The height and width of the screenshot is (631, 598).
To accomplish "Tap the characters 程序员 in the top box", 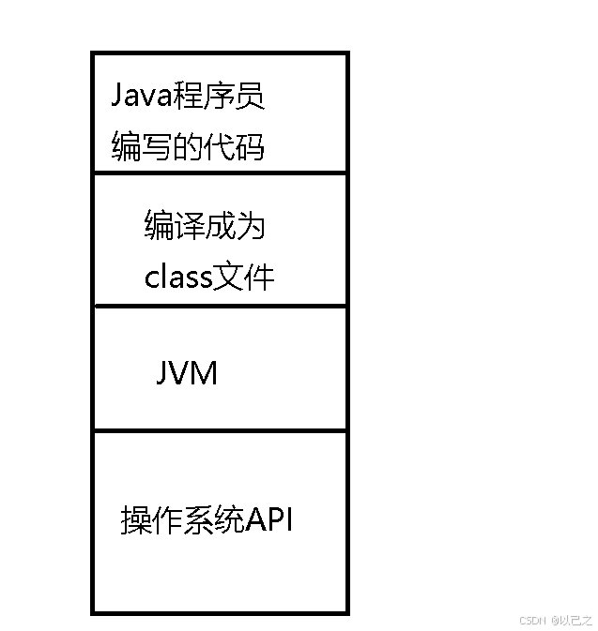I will coord(223,96).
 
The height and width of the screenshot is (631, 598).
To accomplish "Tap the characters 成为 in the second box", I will coord(238,226).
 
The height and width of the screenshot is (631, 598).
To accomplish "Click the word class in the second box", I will coord(177,278).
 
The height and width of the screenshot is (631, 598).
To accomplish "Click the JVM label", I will coord(186,374).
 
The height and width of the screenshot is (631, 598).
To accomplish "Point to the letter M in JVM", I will coord(203,374).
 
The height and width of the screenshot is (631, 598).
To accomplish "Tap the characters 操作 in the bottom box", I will coord(152,519).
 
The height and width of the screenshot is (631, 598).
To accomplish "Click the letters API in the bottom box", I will coord(269,518).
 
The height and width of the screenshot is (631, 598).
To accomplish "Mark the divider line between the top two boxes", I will coord(221,173).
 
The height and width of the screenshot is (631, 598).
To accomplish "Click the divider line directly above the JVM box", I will coord(221,306).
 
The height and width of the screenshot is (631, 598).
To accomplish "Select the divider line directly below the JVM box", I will coord(221,431).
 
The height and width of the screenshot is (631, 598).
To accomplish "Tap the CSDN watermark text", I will coord(531,620).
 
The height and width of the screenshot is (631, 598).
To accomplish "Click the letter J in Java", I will coord(118,97).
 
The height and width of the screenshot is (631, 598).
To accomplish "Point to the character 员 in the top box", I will coord(250,96).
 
